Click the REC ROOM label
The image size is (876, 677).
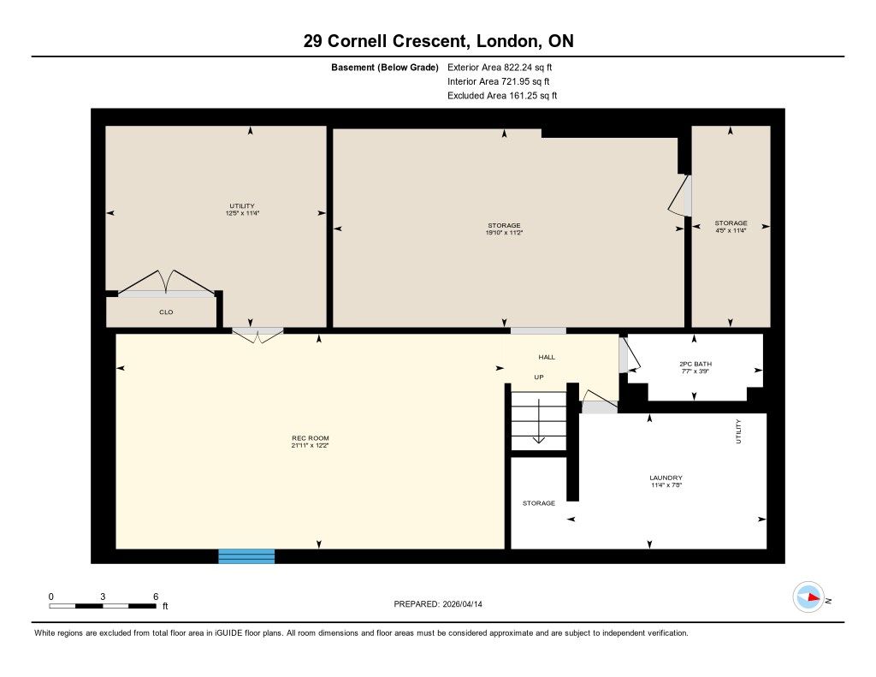coord(310,438)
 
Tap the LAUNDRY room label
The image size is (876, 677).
coord(666,478)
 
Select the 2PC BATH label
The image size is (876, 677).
coord(695,364)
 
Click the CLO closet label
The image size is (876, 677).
coord(166,312)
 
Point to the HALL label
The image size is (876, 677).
coord(547,357)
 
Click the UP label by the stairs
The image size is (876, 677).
coord(539,377)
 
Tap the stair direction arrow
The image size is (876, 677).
coord(539,421)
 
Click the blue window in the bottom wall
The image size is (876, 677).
coord(246,556)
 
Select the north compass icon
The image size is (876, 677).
coord(808,597)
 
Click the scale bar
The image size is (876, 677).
coord(103,606)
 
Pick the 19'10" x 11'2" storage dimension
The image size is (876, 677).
coord(504,233)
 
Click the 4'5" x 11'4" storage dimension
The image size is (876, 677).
coord(731,229)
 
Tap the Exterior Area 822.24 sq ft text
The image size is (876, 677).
coord(500,67)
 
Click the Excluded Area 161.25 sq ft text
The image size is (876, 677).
coord(502,96)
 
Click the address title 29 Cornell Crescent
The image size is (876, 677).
coord(384,41)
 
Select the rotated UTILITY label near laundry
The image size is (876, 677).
coord(738,431)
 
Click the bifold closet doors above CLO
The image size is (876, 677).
coord(166,282)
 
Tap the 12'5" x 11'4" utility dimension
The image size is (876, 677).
coord(242,213)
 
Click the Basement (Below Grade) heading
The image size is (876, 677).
coord(385,68)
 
